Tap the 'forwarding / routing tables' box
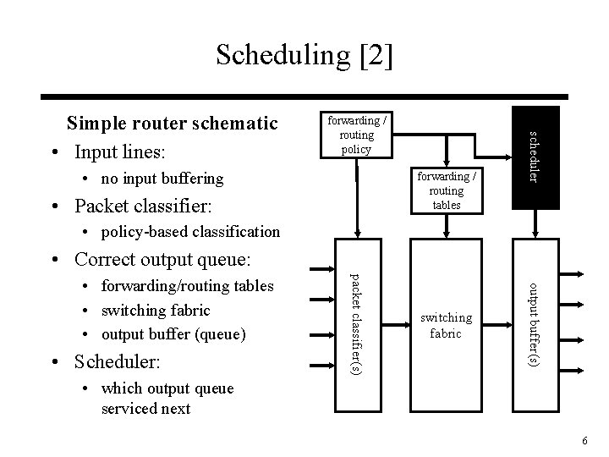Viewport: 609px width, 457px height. pos(447,190)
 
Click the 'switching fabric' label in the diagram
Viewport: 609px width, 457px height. pos(447,325)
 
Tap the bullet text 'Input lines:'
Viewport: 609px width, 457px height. pos(121,153)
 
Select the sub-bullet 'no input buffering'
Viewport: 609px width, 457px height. pos(162,179)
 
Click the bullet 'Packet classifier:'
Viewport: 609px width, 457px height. pos(143,206)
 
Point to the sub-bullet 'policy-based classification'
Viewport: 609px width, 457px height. pos(189,231)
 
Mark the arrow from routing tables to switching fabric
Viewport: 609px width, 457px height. pos(447,225)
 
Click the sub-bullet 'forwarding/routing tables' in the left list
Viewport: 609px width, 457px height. pos(187,286)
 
